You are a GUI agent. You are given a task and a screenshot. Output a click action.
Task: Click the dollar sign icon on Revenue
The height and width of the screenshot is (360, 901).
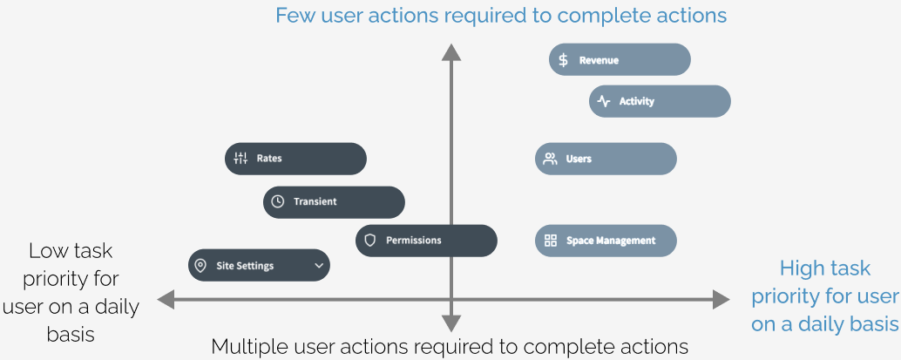pyautogui.click(x=563, y=60)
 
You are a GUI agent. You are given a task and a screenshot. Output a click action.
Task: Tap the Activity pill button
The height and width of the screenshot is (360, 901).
pyautogui.click(x=660, y=101)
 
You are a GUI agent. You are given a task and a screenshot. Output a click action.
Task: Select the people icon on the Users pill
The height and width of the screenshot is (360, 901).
pyautogui.click(x=551, y=159)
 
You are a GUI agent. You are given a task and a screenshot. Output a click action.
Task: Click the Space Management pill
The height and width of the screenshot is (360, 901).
pyautogui.click(x=606, y=241)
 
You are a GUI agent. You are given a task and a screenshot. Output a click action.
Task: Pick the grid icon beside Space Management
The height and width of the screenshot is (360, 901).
pyautogui.click(x=551, y=241)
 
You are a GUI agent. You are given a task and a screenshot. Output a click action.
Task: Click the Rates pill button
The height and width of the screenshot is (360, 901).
pyautogui.click(x=295, y=159)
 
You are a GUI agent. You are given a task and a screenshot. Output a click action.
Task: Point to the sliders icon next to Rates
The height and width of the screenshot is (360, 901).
pyautogui.click(x=240, y=159)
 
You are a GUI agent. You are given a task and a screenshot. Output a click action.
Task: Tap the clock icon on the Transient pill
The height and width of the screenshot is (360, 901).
pyautogui.click(x=278, y=202)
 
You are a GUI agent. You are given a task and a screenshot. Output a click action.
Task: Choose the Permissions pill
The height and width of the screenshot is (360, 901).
pyautogui.click(x=426, y=241)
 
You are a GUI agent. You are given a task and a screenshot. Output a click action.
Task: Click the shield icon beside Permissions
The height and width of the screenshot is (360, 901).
pyautogui.click(x=370, y=241)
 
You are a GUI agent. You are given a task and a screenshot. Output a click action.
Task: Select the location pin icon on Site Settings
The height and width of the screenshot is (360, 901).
pyautogui.click(x=200, y=266)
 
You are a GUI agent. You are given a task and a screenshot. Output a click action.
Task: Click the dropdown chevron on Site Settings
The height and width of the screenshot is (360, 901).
pyautogui.click(x=320, y=266)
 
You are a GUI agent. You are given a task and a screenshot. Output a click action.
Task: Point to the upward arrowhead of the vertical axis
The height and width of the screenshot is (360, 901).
pyautogui.click(x=451, y=51)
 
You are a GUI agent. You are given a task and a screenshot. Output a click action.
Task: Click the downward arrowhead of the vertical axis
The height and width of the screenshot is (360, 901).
pyautogui.click(x=451, y=323)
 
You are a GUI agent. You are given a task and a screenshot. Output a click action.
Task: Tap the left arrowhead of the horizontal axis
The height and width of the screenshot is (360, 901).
pyautogui.click(x=166, y=300)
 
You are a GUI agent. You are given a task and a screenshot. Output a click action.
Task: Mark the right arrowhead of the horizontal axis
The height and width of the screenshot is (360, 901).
pyautogui.click(x=721, y=300)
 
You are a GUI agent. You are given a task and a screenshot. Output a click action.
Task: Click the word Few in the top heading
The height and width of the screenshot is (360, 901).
pyautogui.click(x=296, y=16)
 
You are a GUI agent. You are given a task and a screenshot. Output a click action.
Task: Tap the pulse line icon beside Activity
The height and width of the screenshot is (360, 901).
pyautogui.click(x=603, y=101)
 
